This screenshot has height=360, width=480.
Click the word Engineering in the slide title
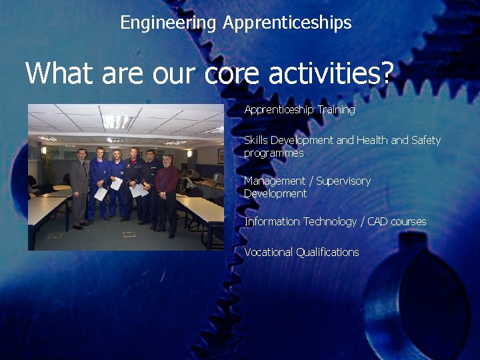pyautogui.click(x=168, y=23)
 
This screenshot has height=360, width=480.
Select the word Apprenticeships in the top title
pyautogui.click(x=287, y=23)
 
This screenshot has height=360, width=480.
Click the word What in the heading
pyautogui.click(x=60, y=73)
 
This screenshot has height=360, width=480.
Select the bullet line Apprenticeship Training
pyautogui.click(x=299, y=109)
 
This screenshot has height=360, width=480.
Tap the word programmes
pyautogui.click(x=273, y=153)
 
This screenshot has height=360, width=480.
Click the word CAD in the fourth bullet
pyautogui.click(x=377, y=221)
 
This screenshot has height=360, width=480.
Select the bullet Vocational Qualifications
pyautogui.click(x=301, y=252)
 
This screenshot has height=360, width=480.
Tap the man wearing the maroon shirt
pyautogui.click(x=167, y=190)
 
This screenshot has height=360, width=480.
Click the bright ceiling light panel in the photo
pyautogui.click(x=119, y=121)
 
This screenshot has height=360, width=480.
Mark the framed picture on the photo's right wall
pyautogui.click(x=220, y=156)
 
